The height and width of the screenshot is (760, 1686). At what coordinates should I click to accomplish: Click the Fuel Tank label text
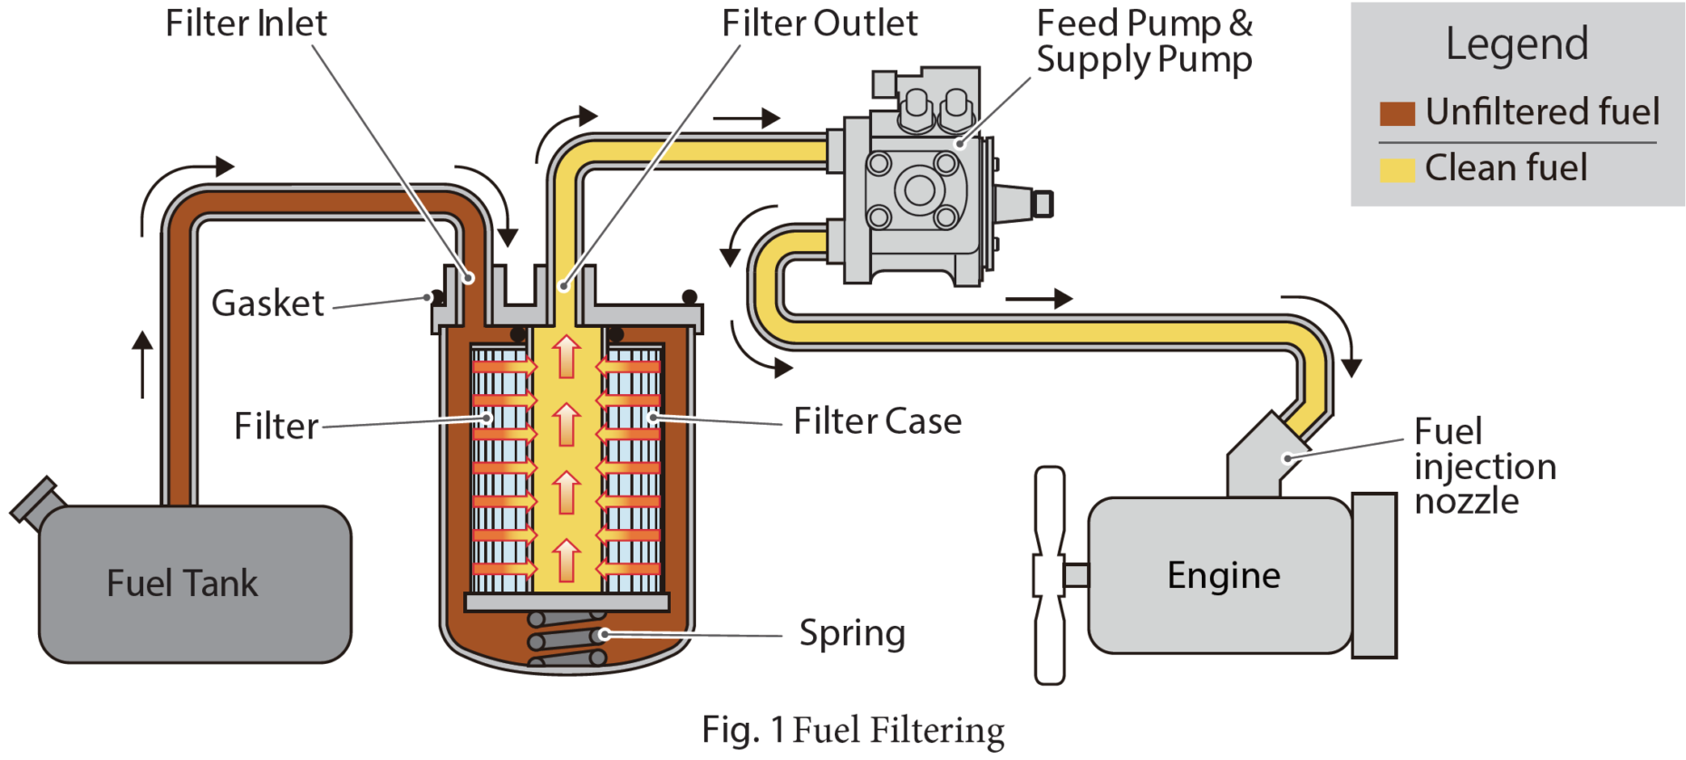click(x=182, y=583)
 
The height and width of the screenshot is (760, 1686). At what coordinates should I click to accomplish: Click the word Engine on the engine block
click(x=1223, y=575)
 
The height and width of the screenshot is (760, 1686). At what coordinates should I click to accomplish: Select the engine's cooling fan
click(x=1050, y=574)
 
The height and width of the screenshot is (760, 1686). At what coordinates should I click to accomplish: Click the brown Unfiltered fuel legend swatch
click(x=1396, y=113)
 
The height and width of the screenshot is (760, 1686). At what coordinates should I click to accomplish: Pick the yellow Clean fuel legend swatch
click(x=1396, y=169)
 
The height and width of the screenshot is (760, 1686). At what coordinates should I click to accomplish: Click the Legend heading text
click(x=1516, y=43)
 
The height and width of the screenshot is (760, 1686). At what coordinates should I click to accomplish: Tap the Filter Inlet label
click(x=246, y=24)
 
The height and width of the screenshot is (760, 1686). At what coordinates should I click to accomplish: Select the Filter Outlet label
click(x=819, y=24)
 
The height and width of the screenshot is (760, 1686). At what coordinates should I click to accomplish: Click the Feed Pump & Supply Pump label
click(x=1144, y=42)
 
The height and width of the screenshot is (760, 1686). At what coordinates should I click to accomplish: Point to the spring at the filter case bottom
click(x=567, y=640)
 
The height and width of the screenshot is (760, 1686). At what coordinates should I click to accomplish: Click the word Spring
click(x=851, y=633)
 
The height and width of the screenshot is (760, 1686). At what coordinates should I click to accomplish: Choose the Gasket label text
click(x=267, y=303)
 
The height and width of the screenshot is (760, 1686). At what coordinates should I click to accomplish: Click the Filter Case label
click(x=877, y=421)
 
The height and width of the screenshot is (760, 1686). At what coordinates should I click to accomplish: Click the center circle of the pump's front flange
click(x=920, y=190)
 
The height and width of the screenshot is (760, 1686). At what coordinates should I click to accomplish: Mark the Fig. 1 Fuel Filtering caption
click(x=852, y=730)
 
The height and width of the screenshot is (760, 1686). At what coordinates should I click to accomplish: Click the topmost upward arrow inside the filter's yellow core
click(x=567, y=356)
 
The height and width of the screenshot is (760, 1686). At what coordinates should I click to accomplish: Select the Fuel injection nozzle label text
click(x=1484, y=467)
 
